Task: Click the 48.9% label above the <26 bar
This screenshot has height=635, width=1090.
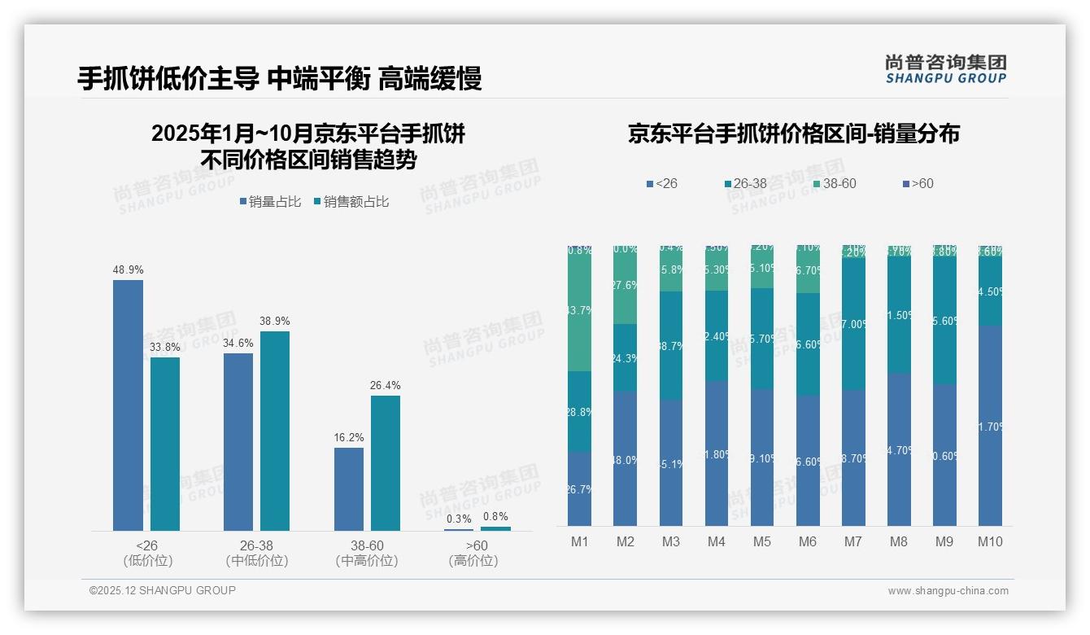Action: (x=128, y=269)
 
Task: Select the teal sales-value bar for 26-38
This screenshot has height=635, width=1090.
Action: (x=275, y=431)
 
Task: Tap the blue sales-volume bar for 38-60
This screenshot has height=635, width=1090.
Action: (x=349, y=488)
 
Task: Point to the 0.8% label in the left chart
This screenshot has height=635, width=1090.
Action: (x=495, y=516)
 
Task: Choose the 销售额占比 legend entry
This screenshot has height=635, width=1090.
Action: (x=351, y=202)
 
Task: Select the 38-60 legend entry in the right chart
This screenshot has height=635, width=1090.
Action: (x=835, y=184)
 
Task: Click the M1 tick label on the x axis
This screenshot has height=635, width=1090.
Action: (x=579, y=541)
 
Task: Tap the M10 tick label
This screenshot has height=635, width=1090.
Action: (x=990, y=541)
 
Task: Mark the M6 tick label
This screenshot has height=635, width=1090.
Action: (x=808, y=541)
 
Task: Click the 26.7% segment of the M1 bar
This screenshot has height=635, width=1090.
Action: (x=579, y=489)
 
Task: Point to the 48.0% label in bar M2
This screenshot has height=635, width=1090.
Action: (x=625, y=460)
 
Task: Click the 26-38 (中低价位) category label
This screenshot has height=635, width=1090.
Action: (x=257, y=553)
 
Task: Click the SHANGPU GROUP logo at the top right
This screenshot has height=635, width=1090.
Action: (x=945, y=69)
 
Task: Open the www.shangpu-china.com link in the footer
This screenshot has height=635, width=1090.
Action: (x=948, y=591)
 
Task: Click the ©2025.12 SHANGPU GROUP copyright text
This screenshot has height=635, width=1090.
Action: (x=163, y=590)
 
